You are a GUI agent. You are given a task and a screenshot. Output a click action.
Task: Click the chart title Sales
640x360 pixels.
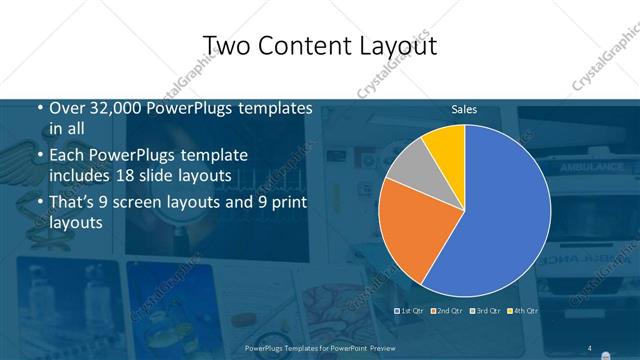coord(463,109)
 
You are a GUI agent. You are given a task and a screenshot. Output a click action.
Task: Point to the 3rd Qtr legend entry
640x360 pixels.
coord(486,312)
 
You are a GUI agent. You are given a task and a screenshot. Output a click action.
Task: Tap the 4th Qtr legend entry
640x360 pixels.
coord(523,312)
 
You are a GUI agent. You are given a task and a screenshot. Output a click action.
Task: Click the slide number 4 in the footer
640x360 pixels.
coord(590,347)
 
